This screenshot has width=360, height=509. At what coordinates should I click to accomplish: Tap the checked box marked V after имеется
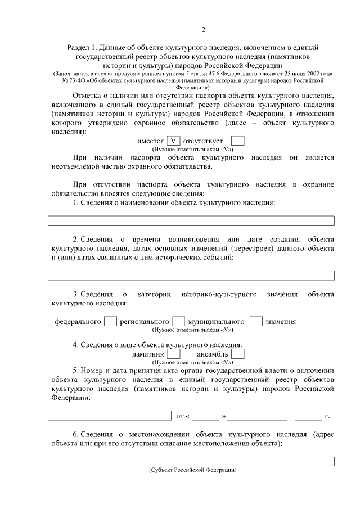(x=173, y=141)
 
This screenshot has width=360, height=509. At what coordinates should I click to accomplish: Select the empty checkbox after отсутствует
(x=238, y=141)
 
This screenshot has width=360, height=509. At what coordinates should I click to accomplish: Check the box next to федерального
(x=111, y=321)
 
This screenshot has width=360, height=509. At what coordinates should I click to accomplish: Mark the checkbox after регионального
(x=179, y=321)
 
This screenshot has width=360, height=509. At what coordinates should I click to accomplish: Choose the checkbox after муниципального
(x=256, y=321)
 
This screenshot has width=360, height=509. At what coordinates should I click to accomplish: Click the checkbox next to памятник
(x=174, y=354)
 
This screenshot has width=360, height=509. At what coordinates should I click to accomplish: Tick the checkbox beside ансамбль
(x=238, y=354)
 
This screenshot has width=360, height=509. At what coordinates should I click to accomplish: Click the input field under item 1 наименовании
(x=191, y=220)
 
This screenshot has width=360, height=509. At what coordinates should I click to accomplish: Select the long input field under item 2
(x=191, y=276)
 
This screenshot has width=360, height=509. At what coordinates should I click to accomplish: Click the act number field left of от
(x=109, y=416)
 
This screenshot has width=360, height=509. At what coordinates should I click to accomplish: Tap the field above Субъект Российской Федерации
(x=191, y=461)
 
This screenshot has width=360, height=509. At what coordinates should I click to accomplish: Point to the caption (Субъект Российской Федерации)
(x=192, y=470)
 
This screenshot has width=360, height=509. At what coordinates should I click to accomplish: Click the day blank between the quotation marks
(x=206, y=416)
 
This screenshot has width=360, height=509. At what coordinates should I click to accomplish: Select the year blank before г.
(x=308, y=416)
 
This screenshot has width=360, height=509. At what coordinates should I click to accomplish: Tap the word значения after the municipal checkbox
(x=281, y=322)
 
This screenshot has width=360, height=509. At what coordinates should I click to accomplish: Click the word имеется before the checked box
(x=150, y=141)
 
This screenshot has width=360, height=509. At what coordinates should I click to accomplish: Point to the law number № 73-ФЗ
(x=71, y=81)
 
